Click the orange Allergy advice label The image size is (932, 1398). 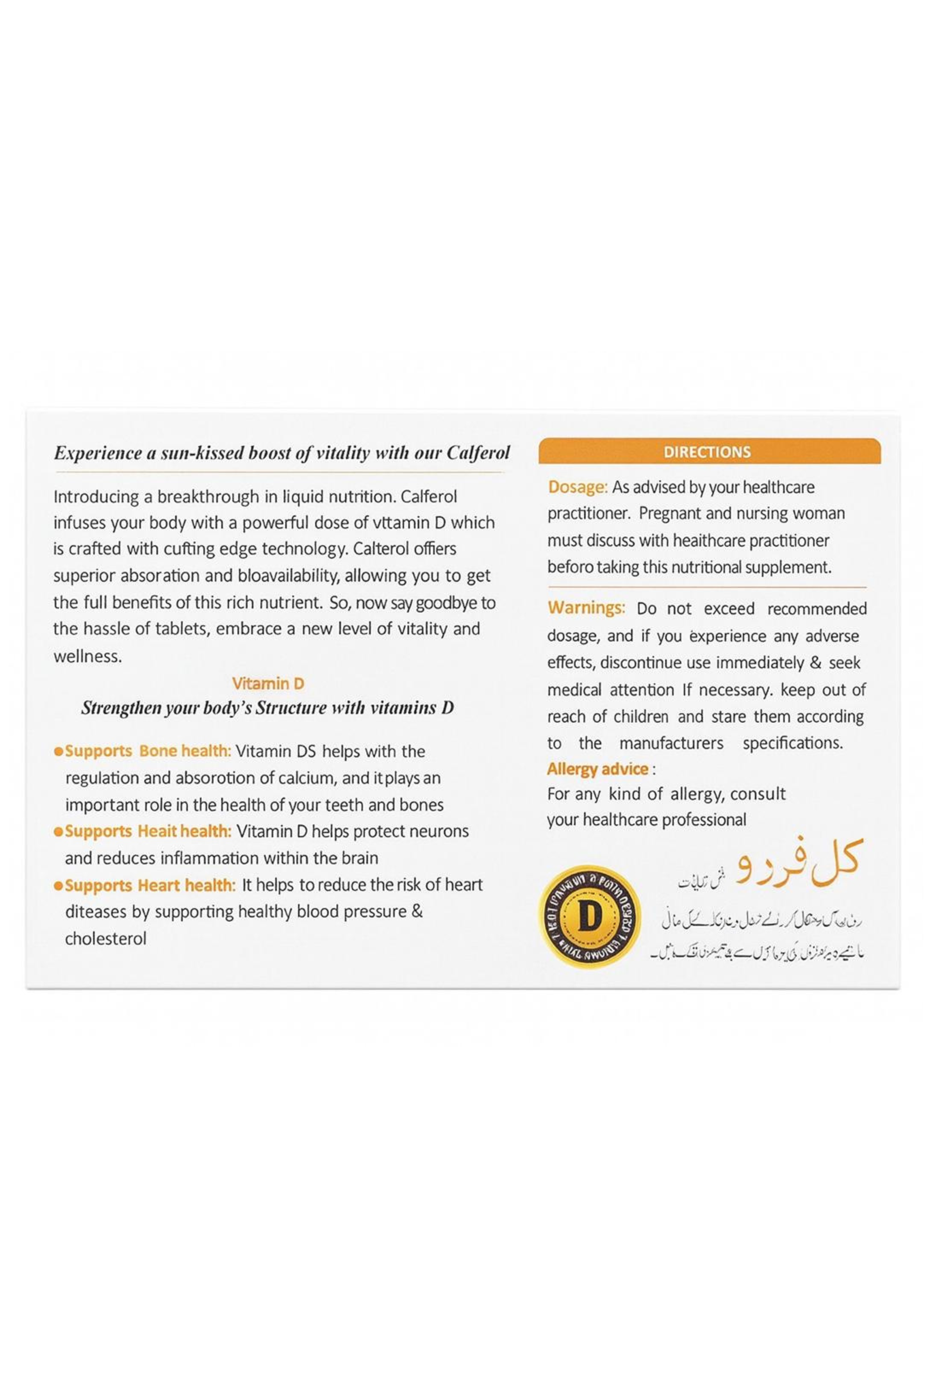(597, 769)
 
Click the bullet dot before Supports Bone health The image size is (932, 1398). (58, 752)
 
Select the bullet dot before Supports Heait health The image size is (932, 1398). (58, 832)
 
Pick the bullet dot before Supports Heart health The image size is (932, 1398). (58, 886)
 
